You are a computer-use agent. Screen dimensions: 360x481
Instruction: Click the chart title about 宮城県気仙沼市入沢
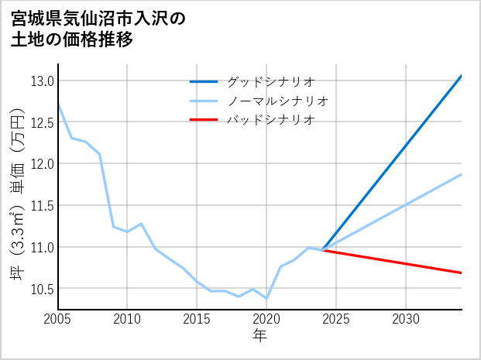coord(99,29)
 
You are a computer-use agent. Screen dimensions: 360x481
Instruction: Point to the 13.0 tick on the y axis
coord(41,81)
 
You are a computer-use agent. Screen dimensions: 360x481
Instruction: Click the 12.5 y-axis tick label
coord(41,122)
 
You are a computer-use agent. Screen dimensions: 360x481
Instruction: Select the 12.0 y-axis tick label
coord(41,164)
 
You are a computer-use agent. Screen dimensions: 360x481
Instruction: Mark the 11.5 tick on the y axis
coord(41,206)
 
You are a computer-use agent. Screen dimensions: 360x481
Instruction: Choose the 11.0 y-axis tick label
coord(41,248)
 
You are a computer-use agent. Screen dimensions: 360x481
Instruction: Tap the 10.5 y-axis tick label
coord(41,289)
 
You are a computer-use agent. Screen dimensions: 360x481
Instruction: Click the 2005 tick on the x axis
coord(57,319)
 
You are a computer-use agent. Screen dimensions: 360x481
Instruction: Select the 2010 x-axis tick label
coord(127,319)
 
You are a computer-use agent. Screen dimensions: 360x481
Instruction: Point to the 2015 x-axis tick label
coord(197,319)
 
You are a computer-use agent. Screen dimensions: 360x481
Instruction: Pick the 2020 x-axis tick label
coord(266,319)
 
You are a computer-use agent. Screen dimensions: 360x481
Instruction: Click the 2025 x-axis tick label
coord(336,319)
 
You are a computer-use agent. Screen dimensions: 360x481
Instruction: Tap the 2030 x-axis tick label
coord(406,319)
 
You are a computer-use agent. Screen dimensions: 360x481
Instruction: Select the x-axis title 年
coord(259,336)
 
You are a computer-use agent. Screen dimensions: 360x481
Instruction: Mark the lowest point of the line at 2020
coord(266,298)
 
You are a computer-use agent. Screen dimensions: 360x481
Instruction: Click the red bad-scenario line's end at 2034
coord(462,273)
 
